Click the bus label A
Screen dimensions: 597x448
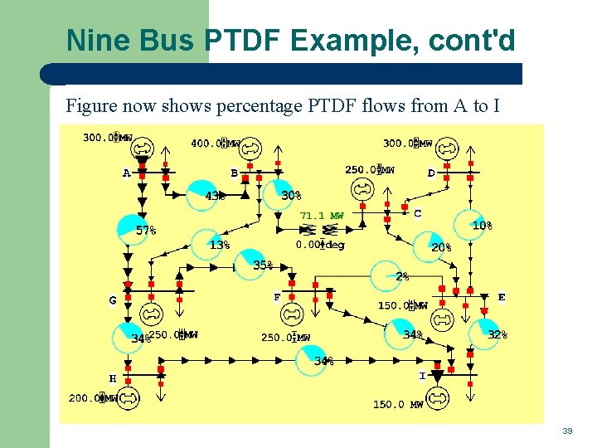point(127,173)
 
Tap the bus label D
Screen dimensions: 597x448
point(431,173)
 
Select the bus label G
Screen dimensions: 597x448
point(113,300)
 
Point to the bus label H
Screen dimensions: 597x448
point(113,378)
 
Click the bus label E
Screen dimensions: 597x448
point(502,296)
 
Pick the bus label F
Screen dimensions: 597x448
point(277,296)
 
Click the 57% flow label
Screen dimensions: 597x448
point(146,231)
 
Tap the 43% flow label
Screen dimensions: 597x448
point(215,197)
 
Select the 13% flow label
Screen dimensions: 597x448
point(219,246)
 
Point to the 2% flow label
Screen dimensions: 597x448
point(401,276)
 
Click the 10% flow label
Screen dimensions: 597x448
point(482,226)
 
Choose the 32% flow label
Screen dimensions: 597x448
point(498,334)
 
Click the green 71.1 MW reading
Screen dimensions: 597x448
point(322,216)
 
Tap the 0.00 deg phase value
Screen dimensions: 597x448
point(320,245)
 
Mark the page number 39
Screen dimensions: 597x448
point(567,431)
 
